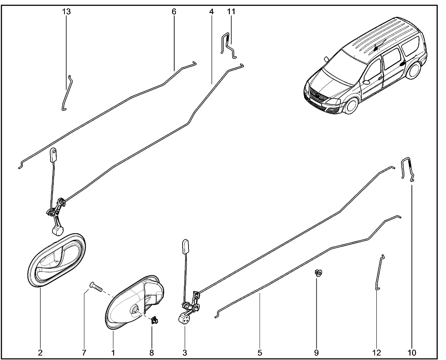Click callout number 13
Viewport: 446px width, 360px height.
pos(66,12)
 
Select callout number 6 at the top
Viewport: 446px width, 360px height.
pos(174,12)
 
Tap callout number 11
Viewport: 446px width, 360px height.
pos(231,12)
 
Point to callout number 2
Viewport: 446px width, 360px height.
pos(40,353)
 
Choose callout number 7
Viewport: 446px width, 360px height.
pos(84,353)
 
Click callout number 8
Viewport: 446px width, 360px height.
pos(152,353)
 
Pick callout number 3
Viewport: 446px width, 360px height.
pos(184,353)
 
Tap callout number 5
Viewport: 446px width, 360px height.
pos(260,353)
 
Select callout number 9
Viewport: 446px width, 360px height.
pos(316,353)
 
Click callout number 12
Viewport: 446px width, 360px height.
pos(376,353)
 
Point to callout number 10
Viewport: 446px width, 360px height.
pos(412,353)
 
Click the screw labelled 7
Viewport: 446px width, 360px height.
pos(96,287)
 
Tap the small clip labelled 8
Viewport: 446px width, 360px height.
pos(154,320)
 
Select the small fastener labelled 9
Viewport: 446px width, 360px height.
pos(318,273)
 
